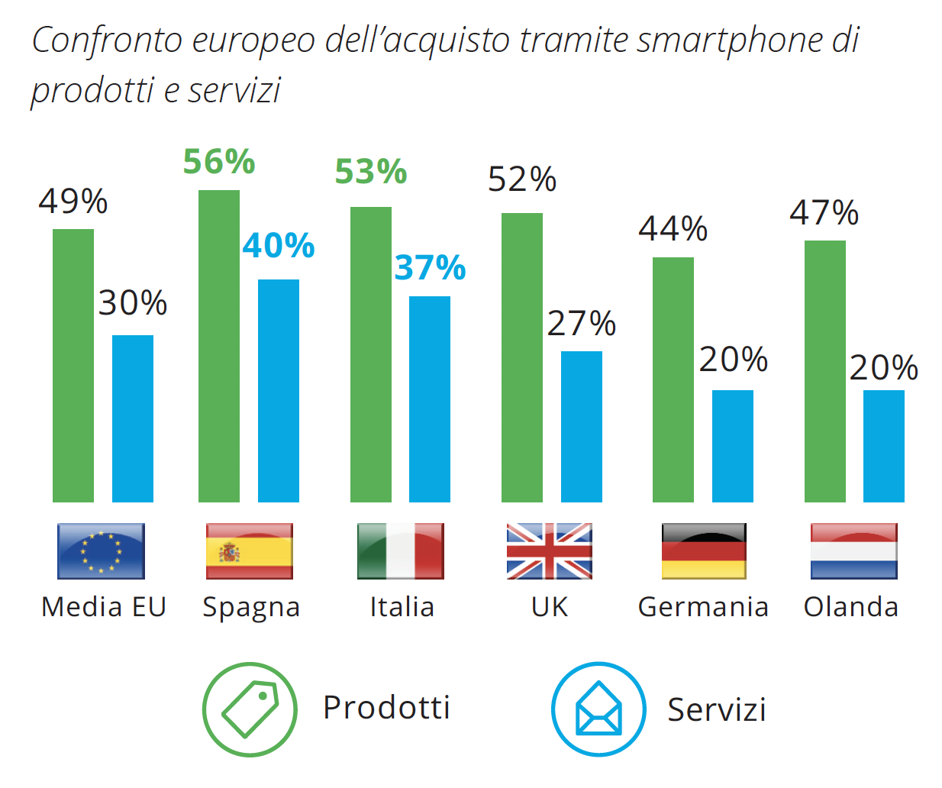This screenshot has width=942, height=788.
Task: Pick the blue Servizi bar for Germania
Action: pos(733,446)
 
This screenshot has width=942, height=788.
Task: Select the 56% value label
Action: pos(219,162)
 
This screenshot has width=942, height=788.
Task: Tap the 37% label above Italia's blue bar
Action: pos(430,268)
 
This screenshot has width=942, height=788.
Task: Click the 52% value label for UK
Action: pos(522,179)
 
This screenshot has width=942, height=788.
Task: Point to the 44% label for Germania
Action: pos(673,228)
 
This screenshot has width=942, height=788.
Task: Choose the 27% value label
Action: pos(582,324)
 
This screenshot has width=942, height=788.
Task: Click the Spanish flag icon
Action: pos(249,551)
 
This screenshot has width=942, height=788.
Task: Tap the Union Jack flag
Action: pos(550,551)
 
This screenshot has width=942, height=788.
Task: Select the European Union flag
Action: pos(101,551)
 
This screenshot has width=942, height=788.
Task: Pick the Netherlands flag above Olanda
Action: pos(853,551)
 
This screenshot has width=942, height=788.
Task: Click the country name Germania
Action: pos(703,607)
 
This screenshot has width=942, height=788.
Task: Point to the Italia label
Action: pos(402,607)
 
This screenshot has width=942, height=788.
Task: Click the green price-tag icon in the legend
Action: pos(250,709)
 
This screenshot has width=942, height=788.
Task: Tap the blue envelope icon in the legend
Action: pos(598,709)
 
